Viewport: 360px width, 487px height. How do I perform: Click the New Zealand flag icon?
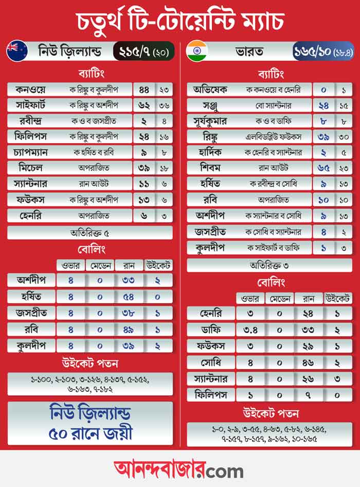tap(17, 51)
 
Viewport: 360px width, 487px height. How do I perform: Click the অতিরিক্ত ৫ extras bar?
tap(90, 233)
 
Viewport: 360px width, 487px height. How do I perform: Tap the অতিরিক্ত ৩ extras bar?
tap(269, 265)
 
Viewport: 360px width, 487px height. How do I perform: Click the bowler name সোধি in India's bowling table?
tap(211, 361)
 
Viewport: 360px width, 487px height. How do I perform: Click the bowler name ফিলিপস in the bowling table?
tap(211, 394)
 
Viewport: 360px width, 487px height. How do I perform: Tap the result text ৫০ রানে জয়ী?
tap(90, 433)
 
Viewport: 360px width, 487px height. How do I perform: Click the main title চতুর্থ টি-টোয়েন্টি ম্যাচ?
tap(180, 21)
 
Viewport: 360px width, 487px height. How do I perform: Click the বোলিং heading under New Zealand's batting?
tap(90, 250)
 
